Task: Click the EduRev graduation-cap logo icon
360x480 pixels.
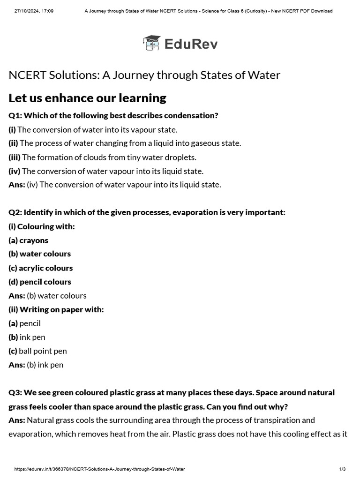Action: (x=151, y=43)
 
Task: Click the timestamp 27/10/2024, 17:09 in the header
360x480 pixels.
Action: (x=34, y=11)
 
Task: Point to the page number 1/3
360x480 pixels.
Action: (x=342, y=469)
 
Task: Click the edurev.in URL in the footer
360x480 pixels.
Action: (x=99, y=469)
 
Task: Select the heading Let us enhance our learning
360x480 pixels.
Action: (x=87, y=98)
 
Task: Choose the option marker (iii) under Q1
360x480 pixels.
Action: (x=15, y=157)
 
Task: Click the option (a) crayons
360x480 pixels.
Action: (x=29, y=240)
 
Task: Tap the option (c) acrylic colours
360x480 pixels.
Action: (x=41, y=268)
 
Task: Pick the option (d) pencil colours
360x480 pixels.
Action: (x=40, y=282)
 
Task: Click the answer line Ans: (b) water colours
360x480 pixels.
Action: (x=47, y=295)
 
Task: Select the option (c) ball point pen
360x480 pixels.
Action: (x=37, y=351)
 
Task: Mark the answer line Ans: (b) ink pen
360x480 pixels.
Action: (x=36, y=365)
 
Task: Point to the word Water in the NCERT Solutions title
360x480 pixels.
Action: (x=266, y=75)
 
